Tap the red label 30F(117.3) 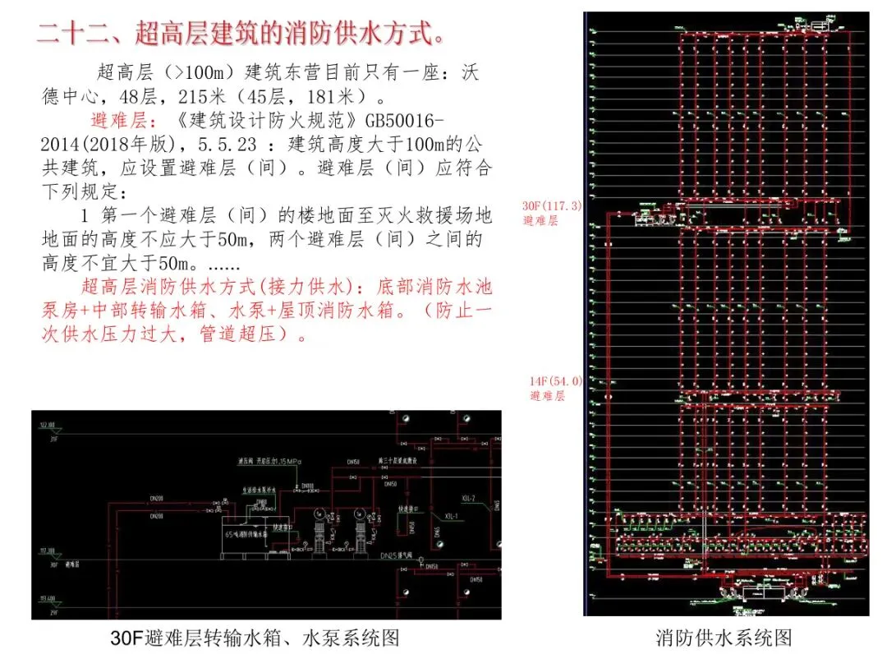click(x=552, y=206)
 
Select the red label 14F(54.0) click(x=556, y=381)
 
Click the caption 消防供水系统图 click(x=724, y=638)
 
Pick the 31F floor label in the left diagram click(x=54, y=439)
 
